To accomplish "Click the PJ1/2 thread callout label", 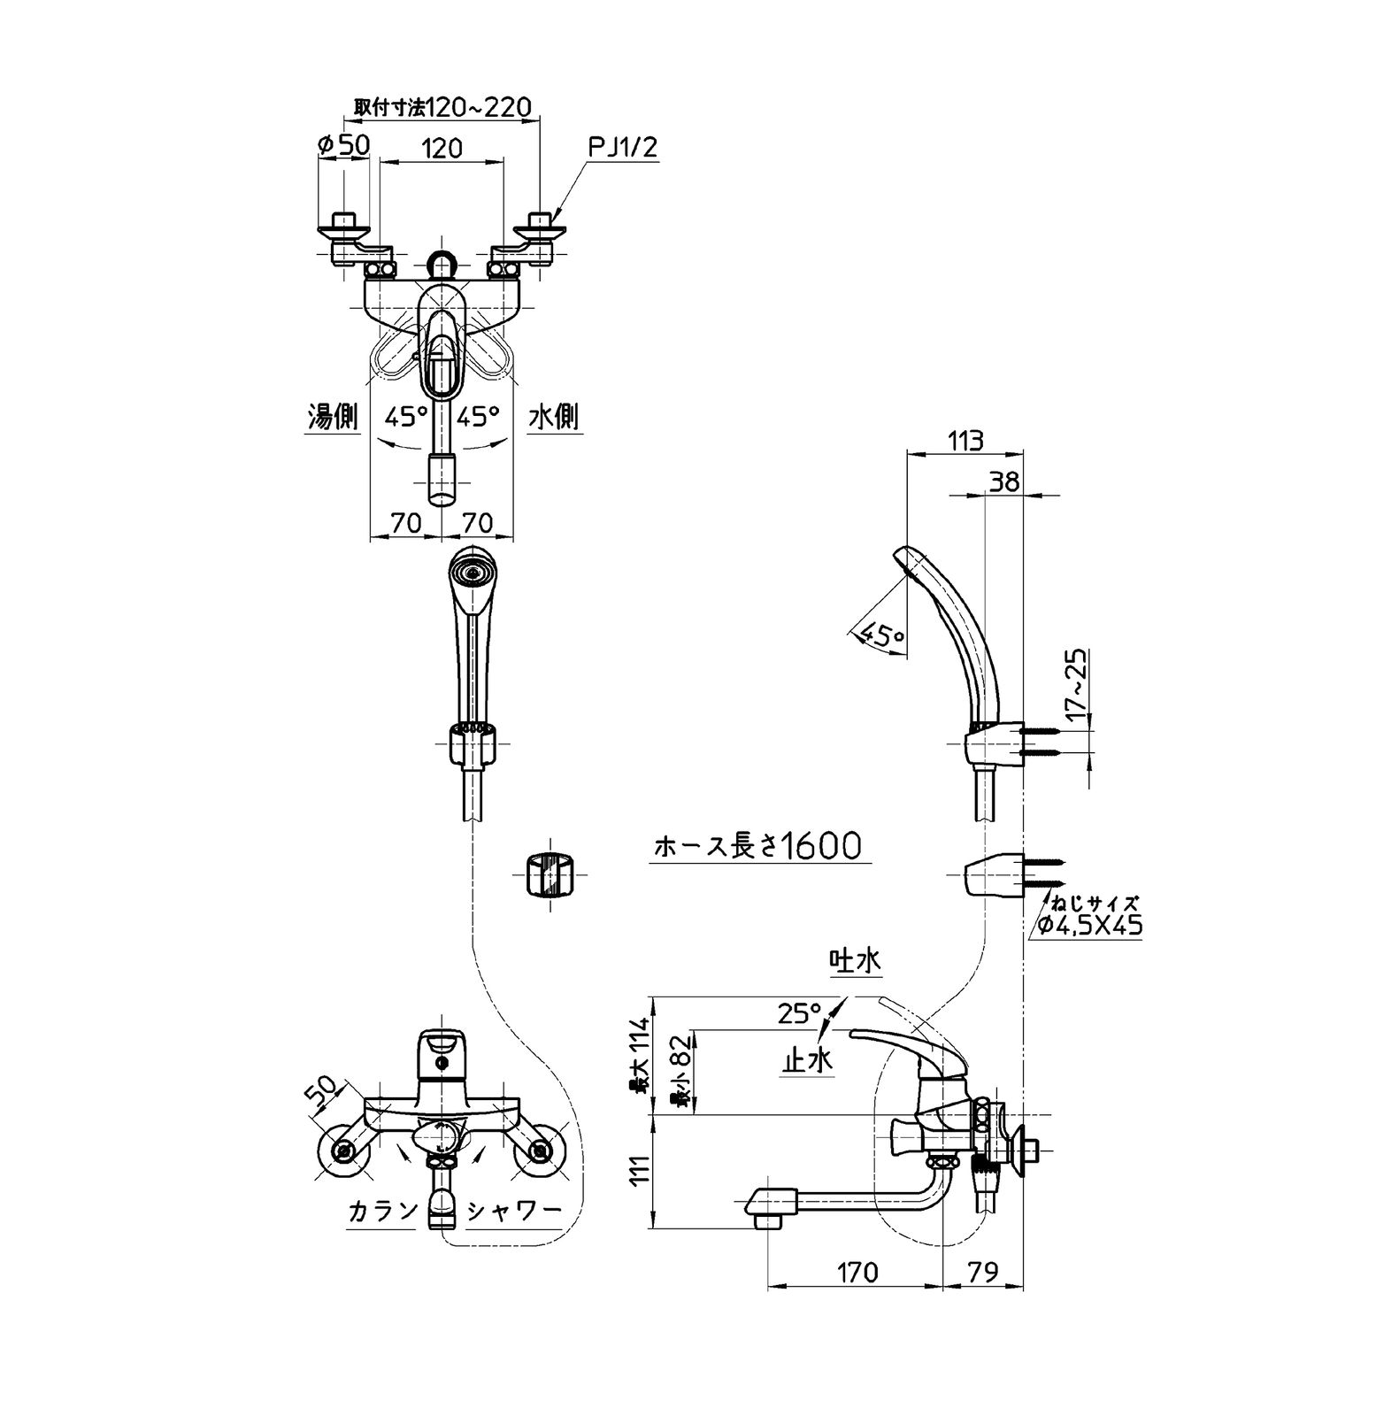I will pyautogui.click(x=623, y=147).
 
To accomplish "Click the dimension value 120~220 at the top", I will pyautogui.click(x=478, y=107).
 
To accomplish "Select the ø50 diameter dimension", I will pyautogui.click(x=343, y=143).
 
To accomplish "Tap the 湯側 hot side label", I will pyautogui.click(x=333, y=416).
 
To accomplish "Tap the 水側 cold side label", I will pyautogui.click(x=554, y=416).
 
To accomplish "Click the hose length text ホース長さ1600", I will pyautogui.click(x=757, y=847).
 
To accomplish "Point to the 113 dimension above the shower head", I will pyautogui.click(x=965, y=440).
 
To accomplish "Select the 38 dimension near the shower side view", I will pyautogui.click(x=1003, y=481).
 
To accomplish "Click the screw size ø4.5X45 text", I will pyautogui.click(x=1090, y=926).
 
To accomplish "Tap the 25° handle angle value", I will pyautogui.click(x=799, y=1012).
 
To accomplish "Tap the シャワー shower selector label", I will pyautogui.click(x=514, y=1211).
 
